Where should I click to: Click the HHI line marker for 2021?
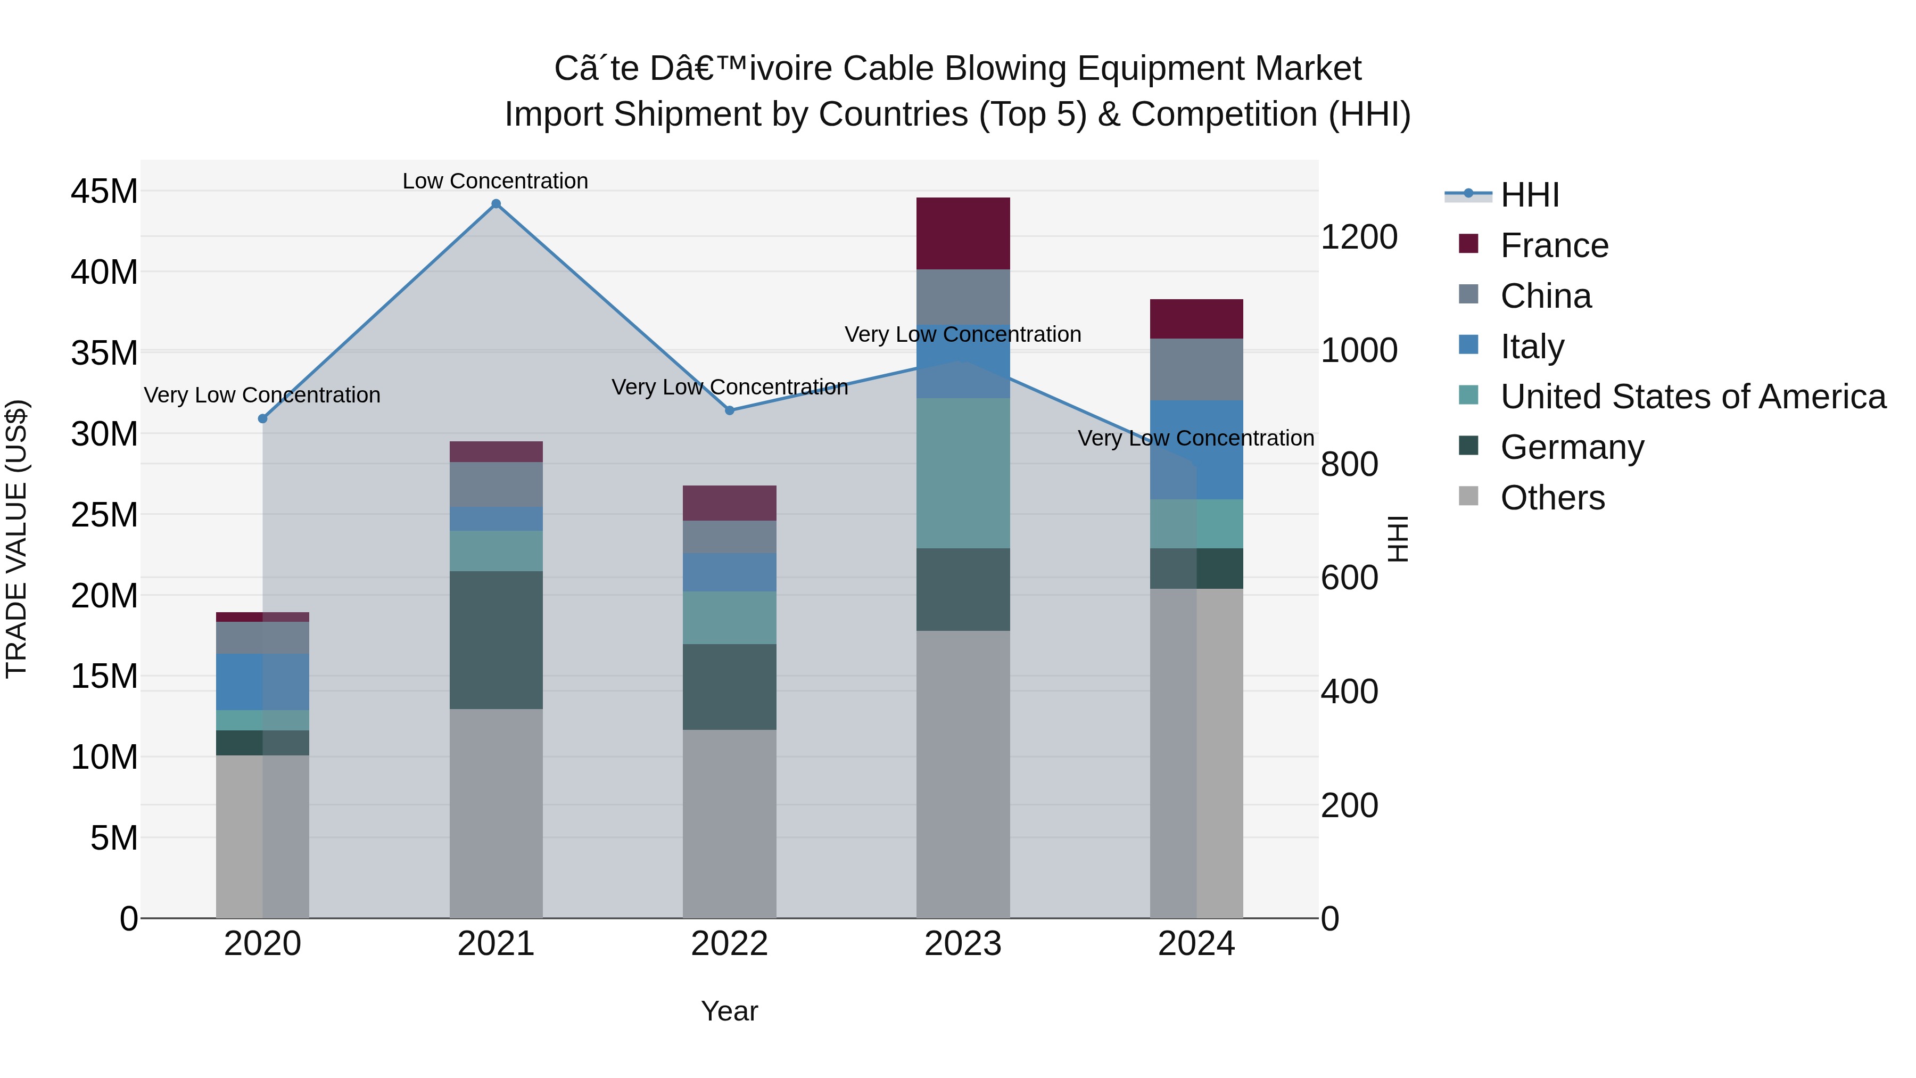tap(496, 204)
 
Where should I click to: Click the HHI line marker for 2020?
tap(262, 419)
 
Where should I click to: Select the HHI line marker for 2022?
tap(730, 410)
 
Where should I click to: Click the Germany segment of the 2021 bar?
tap(496, 640)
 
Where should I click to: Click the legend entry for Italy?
tap(1532, 347)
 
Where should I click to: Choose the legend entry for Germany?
tap(1572, 447)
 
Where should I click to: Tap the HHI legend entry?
tap(1529, 195)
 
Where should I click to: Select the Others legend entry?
tap(1552, 498)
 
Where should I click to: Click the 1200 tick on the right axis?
tap(1359, 237)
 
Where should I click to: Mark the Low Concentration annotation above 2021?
tap(495, 181)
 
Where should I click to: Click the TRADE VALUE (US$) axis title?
tap(16, 539)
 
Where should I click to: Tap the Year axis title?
tap(729, 1011)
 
